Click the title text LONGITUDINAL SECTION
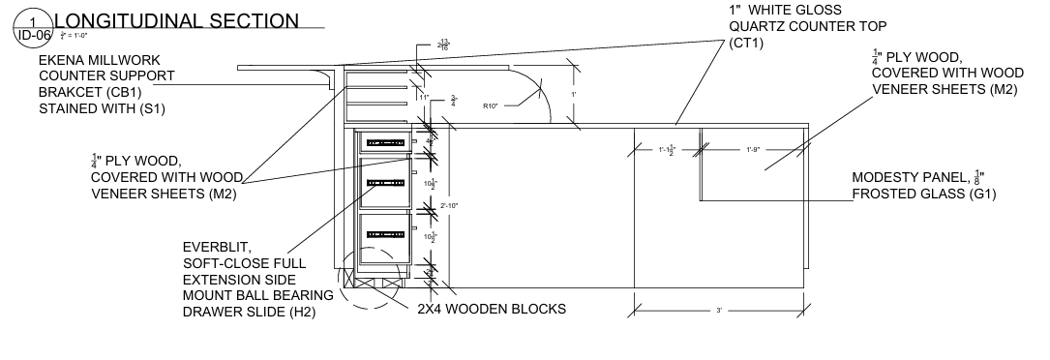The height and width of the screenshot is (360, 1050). (175, 20)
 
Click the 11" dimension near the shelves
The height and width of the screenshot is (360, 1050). (423, 98)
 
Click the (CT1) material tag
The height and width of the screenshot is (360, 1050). (746, 44)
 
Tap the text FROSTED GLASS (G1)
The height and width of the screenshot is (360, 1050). (924, 195)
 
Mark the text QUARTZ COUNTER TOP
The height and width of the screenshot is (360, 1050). (807, 26)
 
